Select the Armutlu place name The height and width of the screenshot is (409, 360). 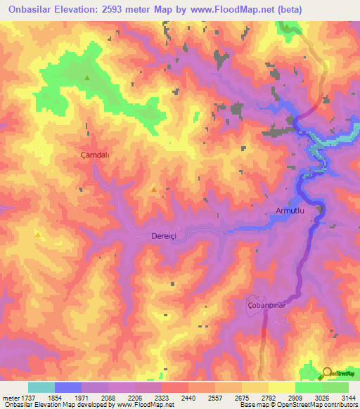[288, 209]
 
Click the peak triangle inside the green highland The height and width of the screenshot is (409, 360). [86, 78]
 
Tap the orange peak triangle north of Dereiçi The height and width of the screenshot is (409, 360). [153, 188]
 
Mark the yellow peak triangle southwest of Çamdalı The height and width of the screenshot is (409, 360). [37, 233]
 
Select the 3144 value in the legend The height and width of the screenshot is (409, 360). [347, 397]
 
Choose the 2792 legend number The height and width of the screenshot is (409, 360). [268, 397]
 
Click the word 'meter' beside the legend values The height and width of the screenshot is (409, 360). [11, 397]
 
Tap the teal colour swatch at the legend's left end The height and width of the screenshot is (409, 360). [41, 387]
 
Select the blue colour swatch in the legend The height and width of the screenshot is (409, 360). [67, 387]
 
